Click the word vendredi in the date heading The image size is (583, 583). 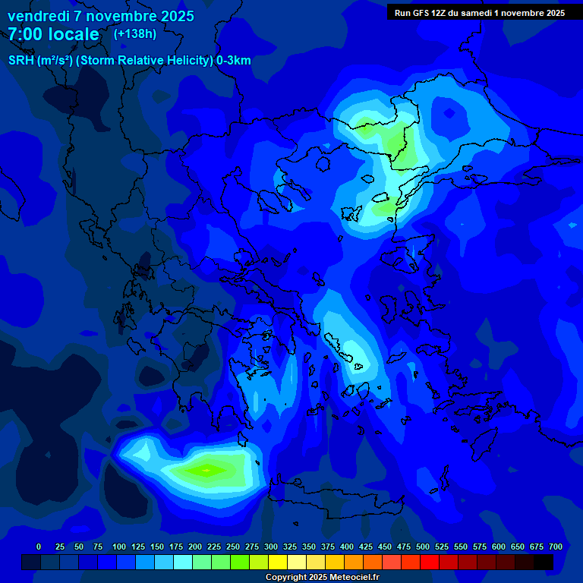pos(38,16)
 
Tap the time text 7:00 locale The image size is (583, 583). pos(53,34)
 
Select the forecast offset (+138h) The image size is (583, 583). pos(134,33)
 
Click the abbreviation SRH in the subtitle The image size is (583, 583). pos(21,61)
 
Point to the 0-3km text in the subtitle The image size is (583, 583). pos(234,61)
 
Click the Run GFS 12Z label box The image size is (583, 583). pos(480,12)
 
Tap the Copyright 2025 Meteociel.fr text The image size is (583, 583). pos(322,577)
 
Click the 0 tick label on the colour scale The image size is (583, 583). pos(39,547)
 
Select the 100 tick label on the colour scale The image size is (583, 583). pos(119,547)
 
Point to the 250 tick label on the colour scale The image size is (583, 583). pos(233,547)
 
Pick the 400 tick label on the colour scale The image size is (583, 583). pos(347,547)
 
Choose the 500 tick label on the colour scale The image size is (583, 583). pos(423,547)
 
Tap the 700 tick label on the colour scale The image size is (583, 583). pos(556,547)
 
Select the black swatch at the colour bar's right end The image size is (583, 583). pos(544,562)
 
